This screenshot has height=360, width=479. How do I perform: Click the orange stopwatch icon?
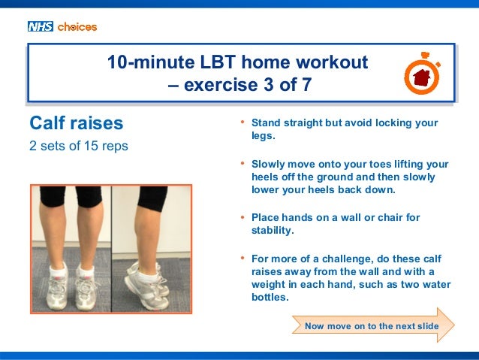(x=421, y=74)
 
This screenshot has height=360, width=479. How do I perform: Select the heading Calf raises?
(x=76, y=123)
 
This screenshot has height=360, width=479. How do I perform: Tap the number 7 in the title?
(x=306, y=85)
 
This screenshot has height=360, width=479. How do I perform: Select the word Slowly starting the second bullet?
(x=269, y=163)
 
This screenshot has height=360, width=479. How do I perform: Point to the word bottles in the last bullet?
(x=270, y=298)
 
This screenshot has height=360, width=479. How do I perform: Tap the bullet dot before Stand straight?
(x=243, y=123)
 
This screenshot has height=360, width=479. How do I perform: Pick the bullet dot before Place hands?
(x=243, y=218)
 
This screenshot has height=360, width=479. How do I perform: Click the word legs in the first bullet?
(x=263, y=136)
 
